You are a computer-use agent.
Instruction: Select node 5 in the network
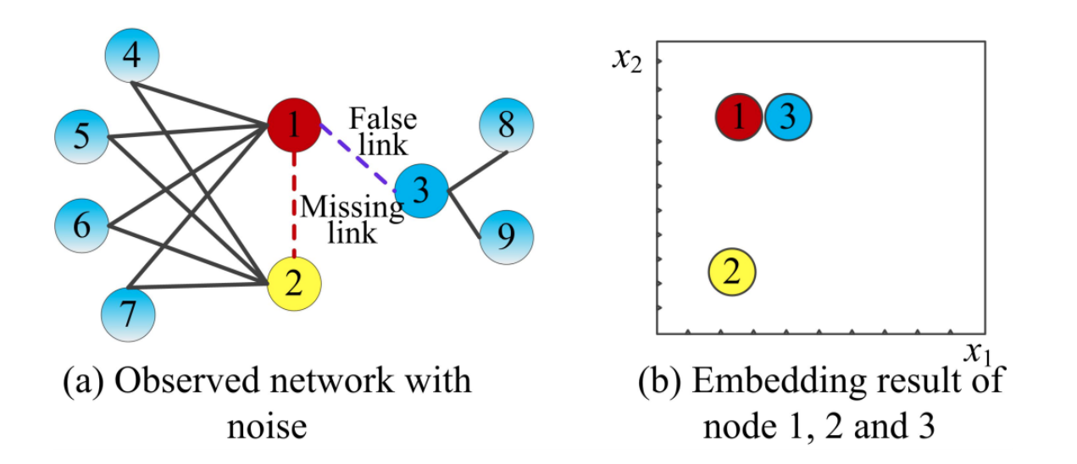click(82, 136)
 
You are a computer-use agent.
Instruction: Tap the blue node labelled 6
click(82, 226)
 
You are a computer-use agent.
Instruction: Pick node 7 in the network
click(128, 313)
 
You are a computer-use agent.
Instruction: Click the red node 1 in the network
click(293, 126)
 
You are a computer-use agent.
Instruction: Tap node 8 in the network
click(506, 126)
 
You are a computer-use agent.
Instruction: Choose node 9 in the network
click(506, 237)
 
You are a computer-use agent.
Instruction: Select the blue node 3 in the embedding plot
click(788, 118)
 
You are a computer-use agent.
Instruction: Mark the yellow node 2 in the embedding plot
click(733, 272)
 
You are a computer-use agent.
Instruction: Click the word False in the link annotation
click(383, 119)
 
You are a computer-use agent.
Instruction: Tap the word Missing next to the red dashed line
click(353, 207)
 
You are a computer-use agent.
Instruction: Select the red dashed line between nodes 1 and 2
click(293, 203)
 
